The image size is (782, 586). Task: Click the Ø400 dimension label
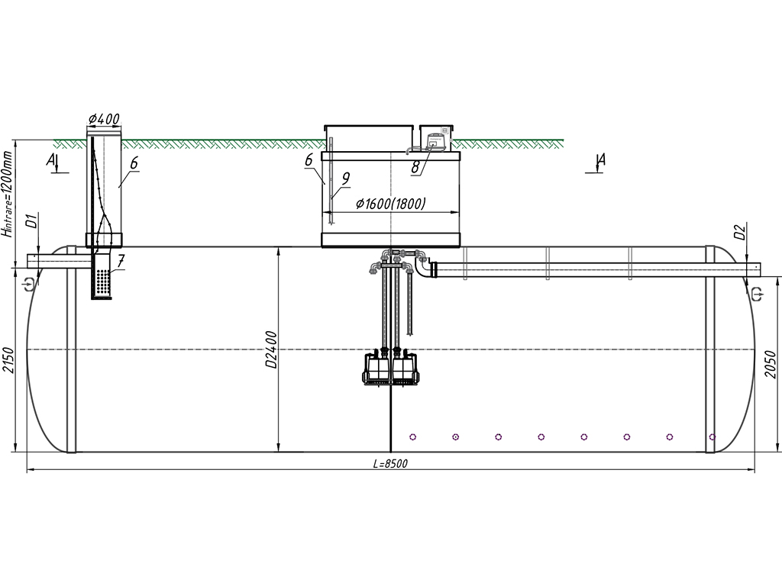(104, 119)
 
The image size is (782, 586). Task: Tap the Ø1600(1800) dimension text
(390, 204)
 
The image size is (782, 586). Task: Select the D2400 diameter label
(271, 349)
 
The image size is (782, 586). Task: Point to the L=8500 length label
(390, 464)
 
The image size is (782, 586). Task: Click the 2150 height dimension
(8, 360)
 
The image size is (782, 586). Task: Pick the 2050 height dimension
(771, 364)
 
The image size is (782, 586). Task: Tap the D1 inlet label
(31, 221)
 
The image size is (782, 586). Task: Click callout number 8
(415, 167)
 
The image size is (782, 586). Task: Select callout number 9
(346, 179)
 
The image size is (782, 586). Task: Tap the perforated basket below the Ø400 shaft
(102, 275)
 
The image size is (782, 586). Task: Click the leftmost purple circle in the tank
(413, 437)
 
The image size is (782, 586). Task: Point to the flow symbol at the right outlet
(757, 294)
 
